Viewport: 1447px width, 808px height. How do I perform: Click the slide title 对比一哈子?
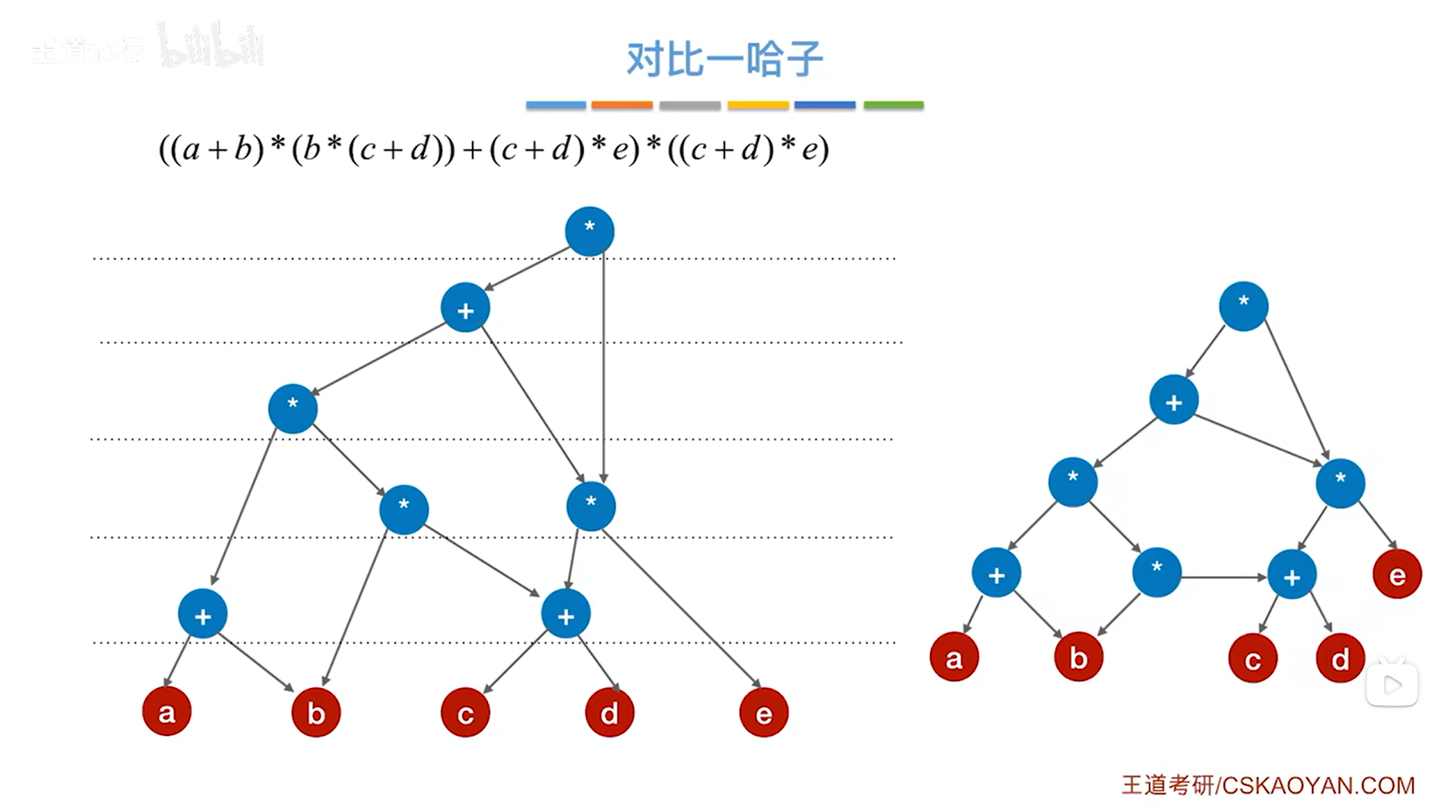point(724,59)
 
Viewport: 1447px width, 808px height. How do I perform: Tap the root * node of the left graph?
point(589,231)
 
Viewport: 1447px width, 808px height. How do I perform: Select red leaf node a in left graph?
point(166,712)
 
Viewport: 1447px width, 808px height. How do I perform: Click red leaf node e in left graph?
point(763,712)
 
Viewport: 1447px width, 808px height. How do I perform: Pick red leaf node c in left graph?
point(465,712)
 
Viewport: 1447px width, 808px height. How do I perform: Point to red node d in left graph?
point(610,712)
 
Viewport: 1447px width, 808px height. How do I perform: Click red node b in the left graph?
point(315,712)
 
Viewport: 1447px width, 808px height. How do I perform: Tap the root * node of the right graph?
point(1243,306)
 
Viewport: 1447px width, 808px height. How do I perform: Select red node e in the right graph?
point(1397,575)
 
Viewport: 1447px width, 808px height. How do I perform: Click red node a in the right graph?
point(954,657)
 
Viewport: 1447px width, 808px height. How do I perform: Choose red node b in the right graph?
point(1078,657)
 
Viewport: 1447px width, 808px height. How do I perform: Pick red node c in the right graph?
point(1252,658)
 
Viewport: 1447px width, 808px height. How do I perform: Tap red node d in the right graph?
point(1340,658)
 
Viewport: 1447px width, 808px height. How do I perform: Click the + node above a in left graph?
point(202,614)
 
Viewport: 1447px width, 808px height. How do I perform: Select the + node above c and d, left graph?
point(565,614)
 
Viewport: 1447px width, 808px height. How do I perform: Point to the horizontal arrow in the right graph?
point(1224,577)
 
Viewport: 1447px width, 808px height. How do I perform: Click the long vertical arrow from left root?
point(603,365)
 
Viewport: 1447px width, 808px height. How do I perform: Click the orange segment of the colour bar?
point(622,105)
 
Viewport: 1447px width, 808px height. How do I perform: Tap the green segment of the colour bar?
point(894,105)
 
